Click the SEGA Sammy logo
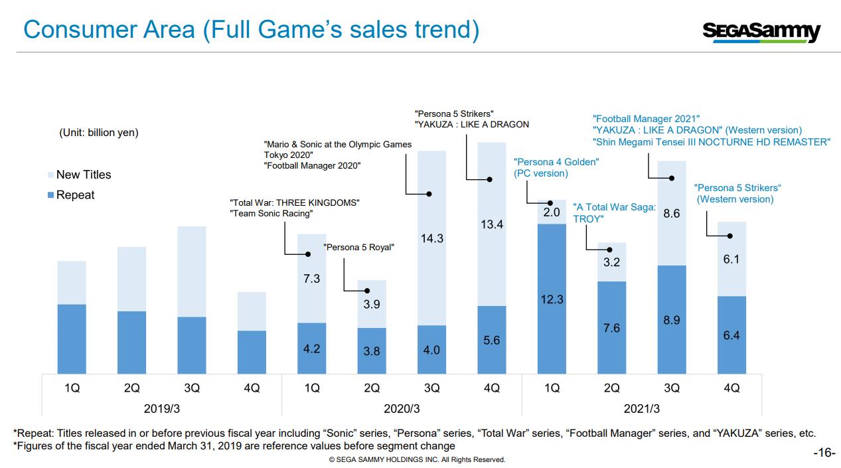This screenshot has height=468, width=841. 761,31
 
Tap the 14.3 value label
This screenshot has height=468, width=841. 431,238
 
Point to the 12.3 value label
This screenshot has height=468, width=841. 552,299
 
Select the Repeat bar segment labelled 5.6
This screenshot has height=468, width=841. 491,340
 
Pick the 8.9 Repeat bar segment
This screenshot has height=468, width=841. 671,320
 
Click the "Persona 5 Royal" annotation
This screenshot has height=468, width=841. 358,248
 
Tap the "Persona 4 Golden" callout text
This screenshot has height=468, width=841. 556,161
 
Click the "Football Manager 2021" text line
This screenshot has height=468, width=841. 646,118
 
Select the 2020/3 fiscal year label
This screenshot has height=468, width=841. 402,408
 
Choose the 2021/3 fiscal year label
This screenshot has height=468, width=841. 641,408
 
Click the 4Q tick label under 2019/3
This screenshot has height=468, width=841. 252,388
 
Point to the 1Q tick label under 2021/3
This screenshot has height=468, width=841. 552,388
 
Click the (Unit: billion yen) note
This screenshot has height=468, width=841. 99,133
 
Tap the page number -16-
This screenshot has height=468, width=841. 824,453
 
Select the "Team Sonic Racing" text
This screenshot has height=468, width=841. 271,214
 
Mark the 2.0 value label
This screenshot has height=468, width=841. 552,212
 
